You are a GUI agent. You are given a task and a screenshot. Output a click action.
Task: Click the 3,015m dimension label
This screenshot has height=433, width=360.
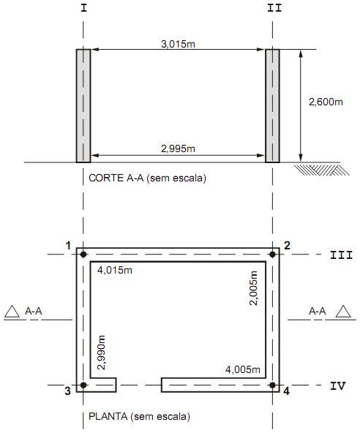[x=178, y=44]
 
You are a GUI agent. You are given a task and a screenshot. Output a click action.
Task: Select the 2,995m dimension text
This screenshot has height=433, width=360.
[x=178, y=149]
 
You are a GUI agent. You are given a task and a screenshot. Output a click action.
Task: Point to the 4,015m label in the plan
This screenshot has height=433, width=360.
[x=115, y=270]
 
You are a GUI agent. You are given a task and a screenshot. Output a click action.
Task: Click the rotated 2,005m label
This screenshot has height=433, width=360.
[x=253, y=288]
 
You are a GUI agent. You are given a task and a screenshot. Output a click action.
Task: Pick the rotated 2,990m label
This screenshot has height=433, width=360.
[x=102, y=353]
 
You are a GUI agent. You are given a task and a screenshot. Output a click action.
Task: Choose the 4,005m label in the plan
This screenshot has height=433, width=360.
[x=243, y=369]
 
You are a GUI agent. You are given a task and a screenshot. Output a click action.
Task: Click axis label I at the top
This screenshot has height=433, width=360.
[x=83, y=8]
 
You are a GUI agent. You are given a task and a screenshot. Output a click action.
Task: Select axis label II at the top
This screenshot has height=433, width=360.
[x=274, y=8]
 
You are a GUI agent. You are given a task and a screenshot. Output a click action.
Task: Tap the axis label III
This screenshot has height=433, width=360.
[x=342, y=255]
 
